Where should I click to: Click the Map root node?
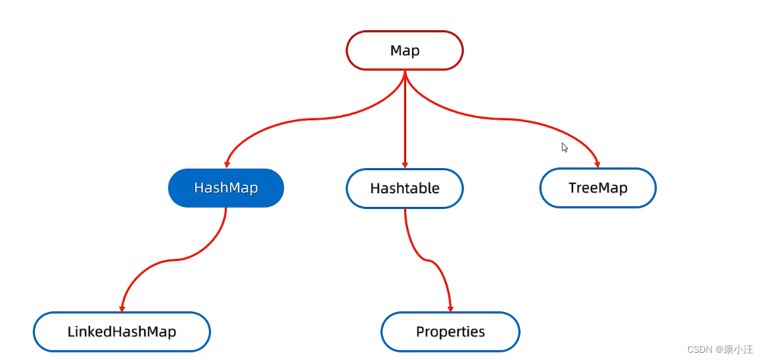(x=405, y=51)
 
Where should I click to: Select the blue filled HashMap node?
(x=226, y=188)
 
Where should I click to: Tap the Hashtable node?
(x=405, y=189)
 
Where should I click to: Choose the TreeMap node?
(x=598, y=188)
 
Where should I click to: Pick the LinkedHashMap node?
(x=122, y=332)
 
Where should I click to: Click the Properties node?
(x=450, y=332)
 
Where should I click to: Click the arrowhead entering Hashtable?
(x=405, y=165)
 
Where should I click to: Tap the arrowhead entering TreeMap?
(x=597, y=164)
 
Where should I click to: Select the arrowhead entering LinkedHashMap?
(x=122, y=308)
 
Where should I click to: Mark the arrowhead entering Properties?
(x=451, y=308)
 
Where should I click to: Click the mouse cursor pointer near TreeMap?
(x=564, y=147)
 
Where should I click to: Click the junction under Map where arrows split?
(x=405, y=74)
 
